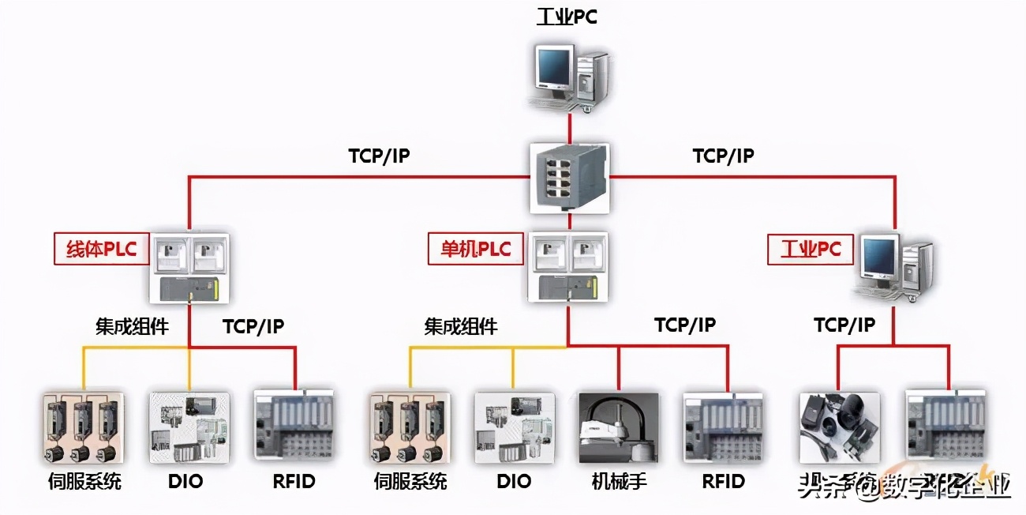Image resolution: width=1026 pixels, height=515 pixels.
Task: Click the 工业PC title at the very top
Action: point(567,17)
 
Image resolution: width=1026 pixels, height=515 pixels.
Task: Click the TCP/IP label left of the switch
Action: point(379,156)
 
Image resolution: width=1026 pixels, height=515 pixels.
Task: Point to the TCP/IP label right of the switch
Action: point(723,156)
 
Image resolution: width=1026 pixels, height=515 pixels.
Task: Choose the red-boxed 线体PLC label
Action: point(100,250)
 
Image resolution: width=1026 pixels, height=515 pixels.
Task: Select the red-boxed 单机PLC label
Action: point(475,250)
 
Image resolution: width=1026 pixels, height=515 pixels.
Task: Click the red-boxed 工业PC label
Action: point(811,250)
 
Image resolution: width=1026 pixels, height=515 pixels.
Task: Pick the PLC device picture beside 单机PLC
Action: point(568,267)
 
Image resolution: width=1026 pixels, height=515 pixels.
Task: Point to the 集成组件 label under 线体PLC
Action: point(132,325)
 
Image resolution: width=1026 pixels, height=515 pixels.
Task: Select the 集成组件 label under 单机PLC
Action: point(461,325)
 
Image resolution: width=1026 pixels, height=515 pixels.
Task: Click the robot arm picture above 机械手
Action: point(618,427)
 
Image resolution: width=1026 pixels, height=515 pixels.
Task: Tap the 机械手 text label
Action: point(619,481)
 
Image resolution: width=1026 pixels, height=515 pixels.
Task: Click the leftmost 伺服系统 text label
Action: point(84,481)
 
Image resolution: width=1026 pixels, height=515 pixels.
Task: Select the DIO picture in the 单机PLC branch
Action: point(513,427)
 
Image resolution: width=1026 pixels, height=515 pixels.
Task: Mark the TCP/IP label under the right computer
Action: point(844,325)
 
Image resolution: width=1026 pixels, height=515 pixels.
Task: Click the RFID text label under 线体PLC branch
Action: point(294,481)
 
